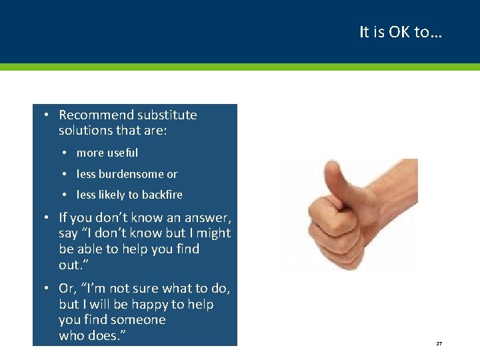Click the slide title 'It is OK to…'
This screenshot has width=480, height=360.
[400, 32]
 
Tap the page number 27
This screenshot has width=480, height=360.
[439, 343]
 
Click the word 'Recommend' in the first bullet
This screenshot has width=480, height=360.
[91, 115]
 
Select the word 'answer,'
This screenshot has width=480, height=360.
[209, 217]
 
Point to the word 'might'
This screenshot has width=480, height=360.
[213, 233]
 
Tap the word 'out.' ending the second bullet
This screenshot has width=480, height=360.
[71, 265]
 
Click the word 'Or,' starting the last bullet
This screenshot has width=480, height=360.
[67, 289]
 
